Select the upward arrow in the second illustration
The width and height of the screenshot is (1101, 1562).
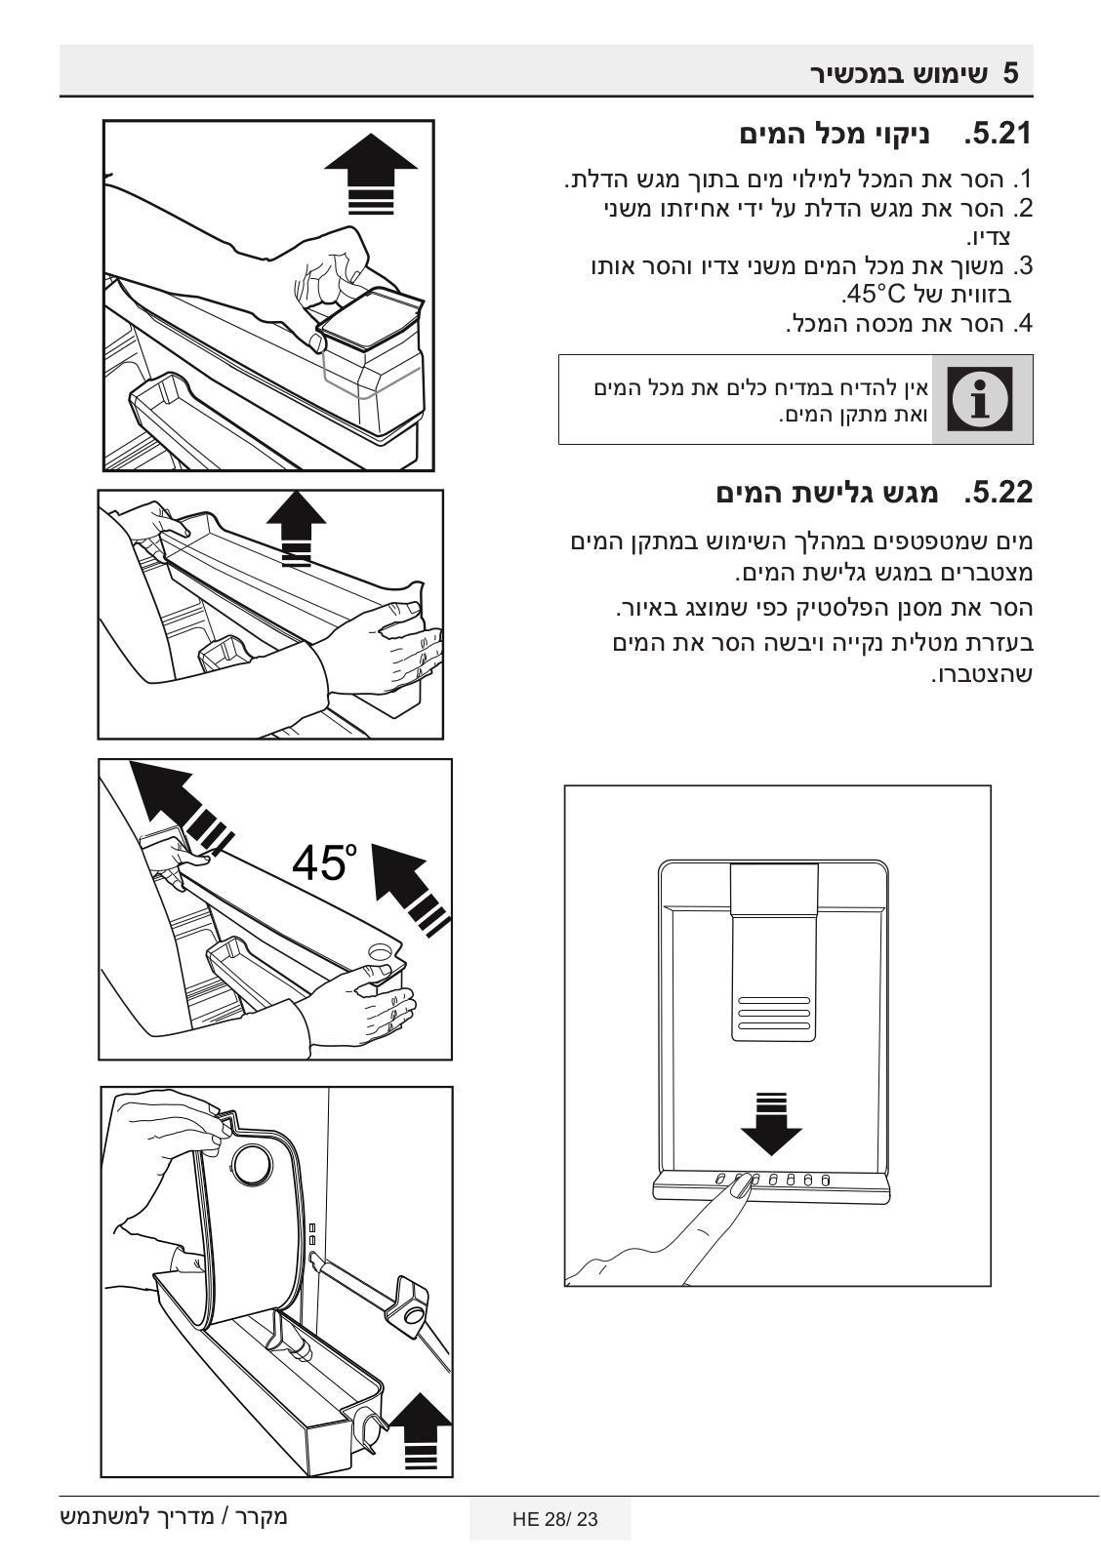pyautogui.click(x=297, y=527)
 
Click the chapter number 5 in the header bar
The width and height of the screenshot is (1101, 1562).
pyautogui.click(x=1011, y=73)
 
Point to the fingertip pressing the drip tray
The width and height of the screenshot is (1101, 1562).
pyautogui.click(x=741, y=1184)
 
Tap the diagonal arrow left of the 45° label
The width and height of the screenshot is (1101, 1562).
pyautogui.click(x=176, y=802)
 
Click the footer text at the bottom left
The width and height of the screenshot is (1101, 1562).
pyautogui.click(x=174, y=1518)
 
